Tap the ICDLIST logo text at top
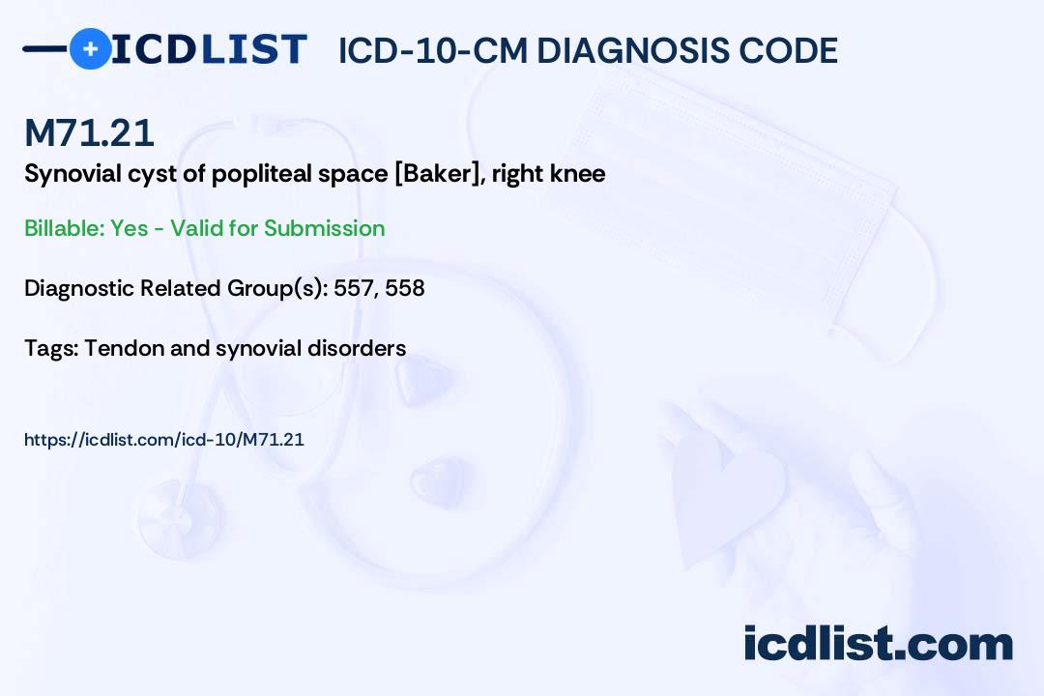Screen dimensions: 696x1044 (209, 49)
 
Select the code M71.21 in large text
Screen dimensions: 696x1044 (89, 132)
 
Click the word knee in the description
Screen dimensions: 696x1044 (578, 175)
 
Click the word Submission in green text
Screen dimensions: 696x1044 (324, 228)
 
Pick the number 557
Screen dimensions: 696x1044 (353, 288)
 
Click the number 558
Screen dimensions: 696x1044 (404, 288)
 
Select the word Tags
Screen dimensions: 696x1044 (49, 348)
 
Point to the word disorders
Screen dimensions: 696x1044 (359, 348)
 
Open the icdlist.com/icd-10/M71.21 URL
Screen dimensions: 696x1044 (164, 440)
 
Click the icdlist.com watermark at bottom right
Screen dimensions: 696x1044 (878, 644)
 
